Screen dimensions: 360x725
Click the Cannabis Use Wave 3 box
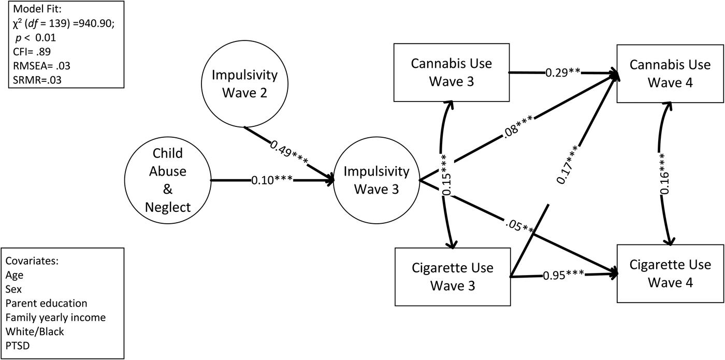[451, 73]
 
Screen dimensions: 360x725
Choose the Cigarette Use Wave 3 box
[453, 277]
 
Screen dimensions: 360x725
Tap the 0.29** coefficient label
[562, 73]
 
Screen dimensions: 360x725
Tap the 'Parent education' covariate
[47, 303]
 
